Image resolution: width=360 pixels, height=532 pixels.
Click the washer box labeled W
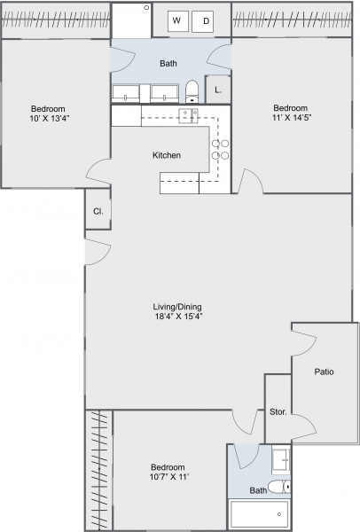(176, 20)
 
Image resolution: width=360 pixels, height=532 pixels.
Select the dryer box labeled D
(206, 20)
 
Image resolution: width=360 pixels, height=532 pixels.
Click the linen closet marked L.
(218, 90)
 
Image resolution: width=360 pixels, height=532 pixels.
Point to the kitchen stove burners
(219, 149)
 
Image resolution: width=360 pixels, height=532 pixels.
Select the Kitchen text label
(167, 155)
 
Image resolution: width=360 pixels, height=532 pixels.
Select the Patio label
(324, 372)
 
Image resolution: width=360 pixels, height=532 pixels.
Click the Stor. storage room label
(278, 412)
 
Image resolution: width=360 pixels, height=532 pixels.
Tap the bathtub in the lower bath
(258, 515)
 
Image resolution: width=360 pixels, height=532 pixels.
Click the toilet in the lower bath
(280, 487)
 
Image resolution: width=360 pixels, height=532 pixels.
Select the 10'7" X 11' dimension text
(168, 478)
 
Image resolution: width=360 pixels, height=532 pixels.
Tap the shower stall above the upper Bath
(131, 19)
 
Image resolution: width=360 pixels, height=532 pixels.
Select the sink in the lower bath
(279, 460)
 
